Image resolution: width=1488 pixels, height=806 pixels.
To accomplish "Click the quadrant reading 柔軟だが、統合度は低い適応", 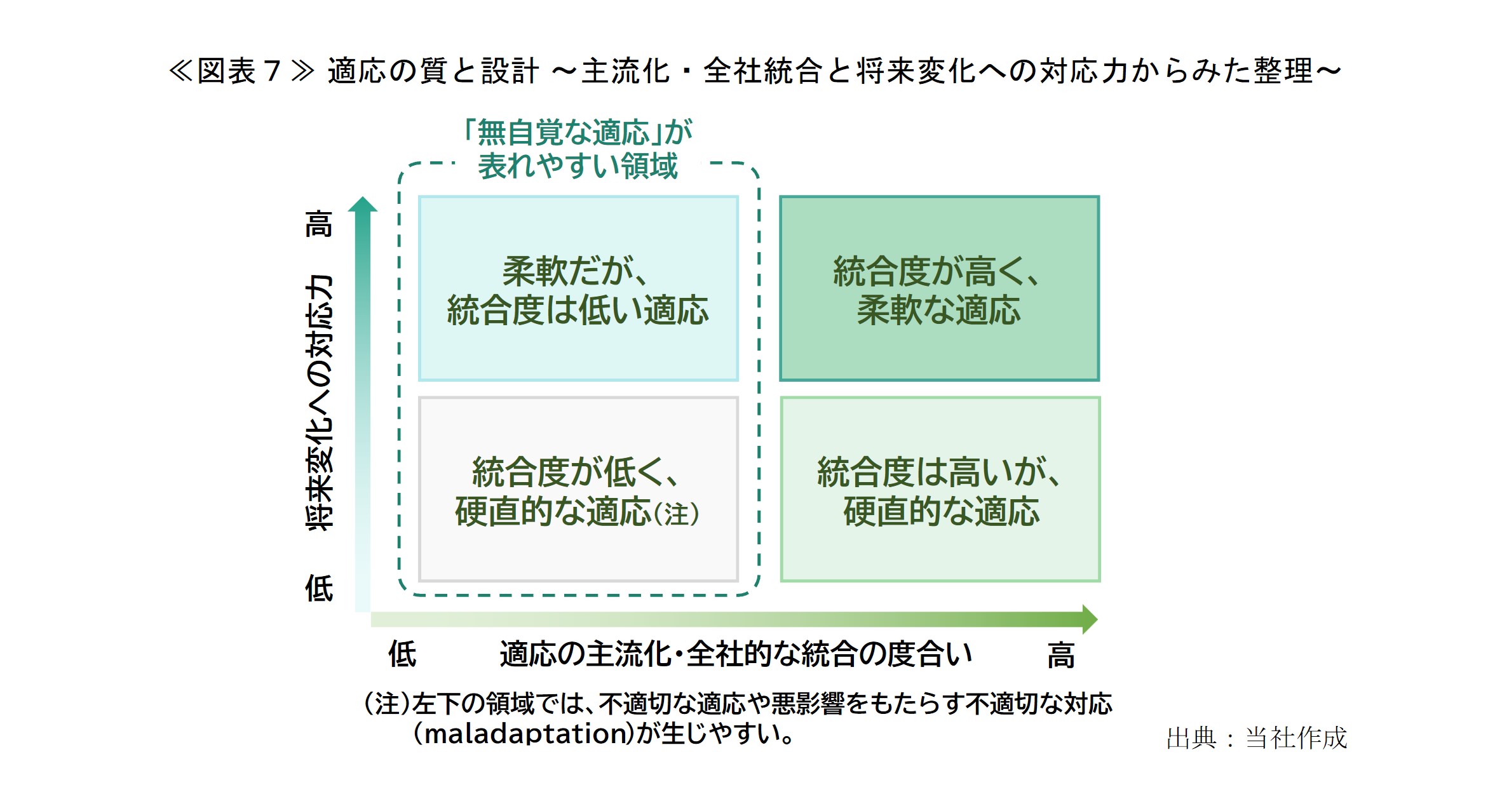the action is point(578,288).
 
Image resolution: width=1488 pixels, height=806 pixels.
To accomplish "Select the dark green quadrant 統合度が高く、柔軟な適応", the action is point(939,288).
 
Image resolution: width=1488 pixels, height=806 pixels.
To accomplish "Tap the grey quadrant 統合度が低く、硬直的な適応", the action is point(578,489).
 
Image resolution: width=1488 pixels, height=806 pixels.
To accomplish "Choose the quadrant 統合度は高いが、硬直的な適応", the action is point(940,489).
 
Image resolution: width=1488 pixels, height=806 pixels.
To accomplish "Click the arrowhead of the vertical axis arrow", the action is point(363,204).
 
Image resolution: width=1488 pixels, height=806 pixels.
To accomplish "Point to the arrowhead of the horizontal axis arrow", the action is point(1090,619).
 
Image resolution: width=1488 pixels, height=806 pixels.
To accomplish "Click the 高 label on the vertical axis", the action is point(319,224).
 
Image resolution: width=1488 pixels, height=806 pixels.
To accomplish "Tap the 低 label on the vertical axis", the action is point(319,588).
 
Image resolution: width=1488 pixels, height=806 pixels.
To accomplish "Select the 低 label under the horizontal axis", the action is point(402,654).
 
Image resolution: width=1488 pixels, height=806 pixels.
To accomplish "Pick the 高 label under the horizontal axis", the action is point(1060,655).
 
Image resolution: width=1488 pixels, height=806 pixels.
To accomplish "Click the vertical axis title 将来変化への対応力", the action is point(319,403).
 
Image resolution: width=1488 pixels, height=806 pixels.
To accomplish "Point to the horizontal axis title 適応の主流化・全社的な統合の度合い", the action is point(736,654).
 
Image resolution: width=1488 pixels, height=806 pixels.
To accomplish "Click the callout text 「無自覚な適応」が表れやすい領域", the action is point(578,149).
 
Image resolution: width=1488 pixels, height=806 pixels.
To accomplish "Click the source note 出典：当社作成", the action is point(1256,738).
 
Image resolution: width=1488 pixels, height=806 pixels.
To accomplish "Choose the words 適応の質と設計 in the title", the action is point(433,71).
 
